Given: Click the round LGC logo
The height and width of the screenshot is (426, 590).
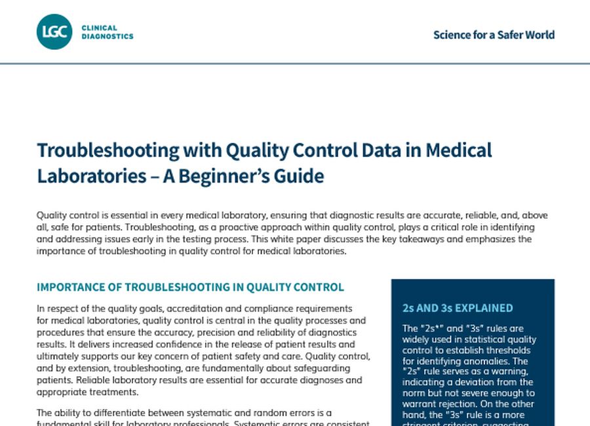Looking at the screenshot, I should [54, 32].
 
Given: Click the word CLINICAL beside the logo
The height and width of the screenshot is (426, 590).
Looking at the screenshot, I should [100, 28].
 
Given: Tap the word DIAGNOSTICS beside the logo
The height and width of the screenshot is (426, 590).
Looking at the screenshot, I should [108, 37].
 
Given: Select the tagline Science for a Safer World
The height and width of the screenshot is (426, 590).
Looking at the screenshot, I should [494, 35].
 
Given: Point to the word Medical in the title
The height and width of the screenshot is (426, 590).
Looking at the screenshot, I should [458, 150].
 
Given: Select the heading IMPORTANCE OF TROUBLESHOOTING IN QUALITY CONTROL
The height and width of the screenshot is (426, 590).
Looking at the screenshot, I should [190, 288].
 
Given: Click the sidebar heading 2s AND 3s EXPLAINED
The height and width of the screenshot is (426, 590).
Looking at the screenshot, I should [458, 308].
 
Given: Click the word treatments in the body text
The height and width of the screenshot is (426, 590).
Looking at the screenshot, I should [115, 392].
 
